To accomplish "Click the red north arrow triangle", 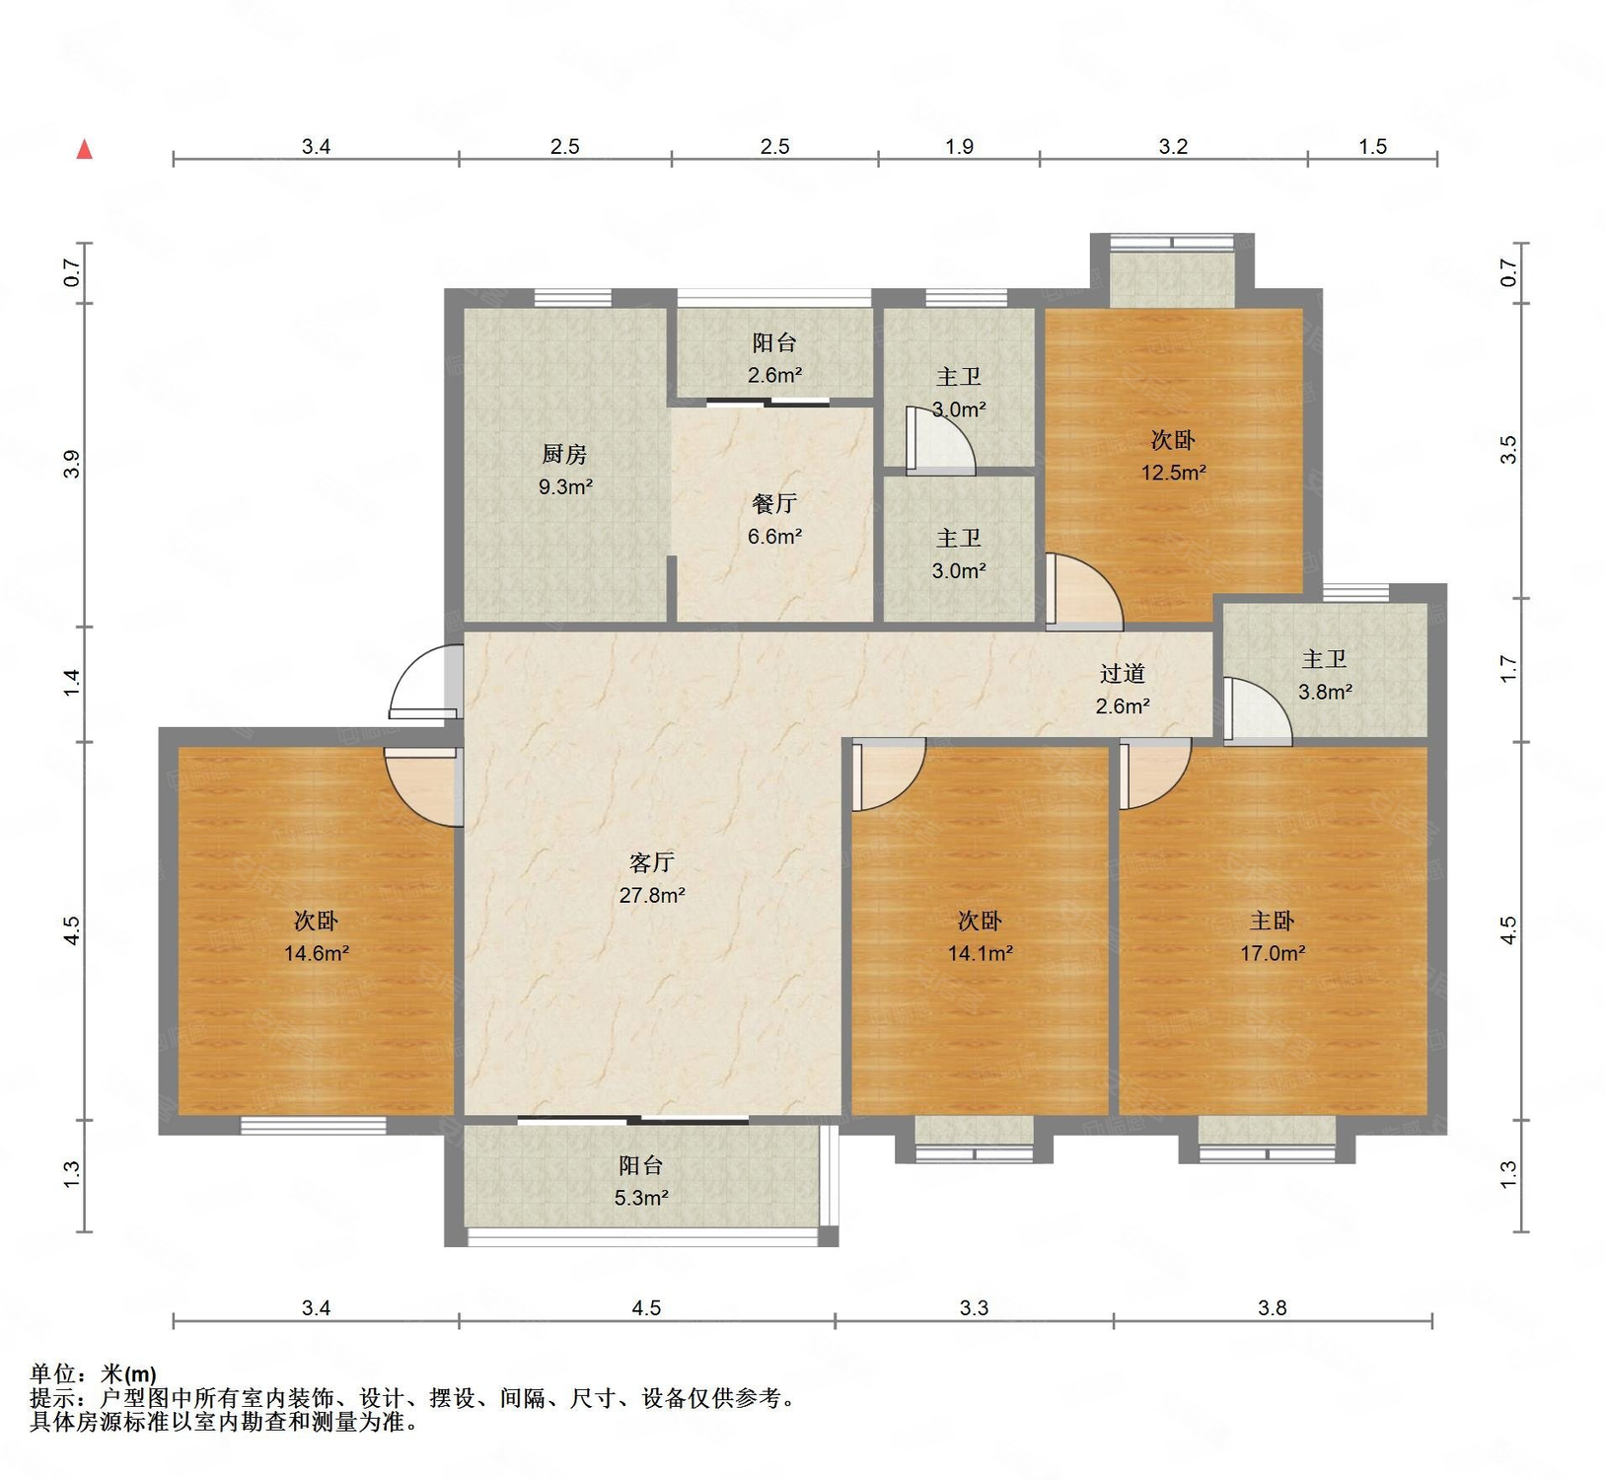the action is pyautogui.click(x=85, y=149).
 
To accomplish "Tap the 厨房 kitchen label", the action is pyautogui.click(x=564, y=454).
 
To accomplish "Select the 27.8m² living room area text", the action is pyautogui.click(x=652, y=895).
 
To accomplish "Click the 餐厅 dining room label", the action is pyautogui.click(x=774, y=503).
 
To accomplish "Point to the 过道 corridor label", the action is pyautogui.click(x=1123, y=673).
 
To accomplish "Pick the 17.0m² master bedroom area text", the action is pyautogui.click(x=1273, y=953).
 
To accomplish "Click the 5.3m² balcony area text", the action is pyautogui.click(x=641, y=1198).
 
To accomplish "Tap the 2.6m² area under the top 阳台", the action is pyautogui.click(x=774, y=375).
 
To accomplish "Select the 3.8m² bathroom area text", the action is pyautogui.click(x=1325, y=693).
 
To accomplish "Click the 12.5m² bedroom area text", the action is pyautogui.click(x=1174, y=473).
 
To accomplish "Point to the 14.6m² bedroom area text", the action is pyautogui.click(x=317, y=953).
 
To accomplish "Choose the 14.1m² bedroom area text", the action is pyautogui.click(x=981, y=953).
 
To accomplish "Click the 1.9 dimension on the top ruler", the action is pyautogui.click(x=959, y=147).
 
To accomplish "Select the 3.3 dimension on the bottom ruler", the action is pyautogui.click(x=974, y=1308).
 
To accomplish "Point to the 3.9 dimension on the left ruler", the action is pyautogui.click(x=71, y=464).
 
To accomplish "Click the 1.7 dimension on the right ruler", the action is pyautogui.click(x=1508, y=669).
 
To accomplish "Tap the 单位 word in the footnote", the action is pyautogui.click(x=53, y=1373).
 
